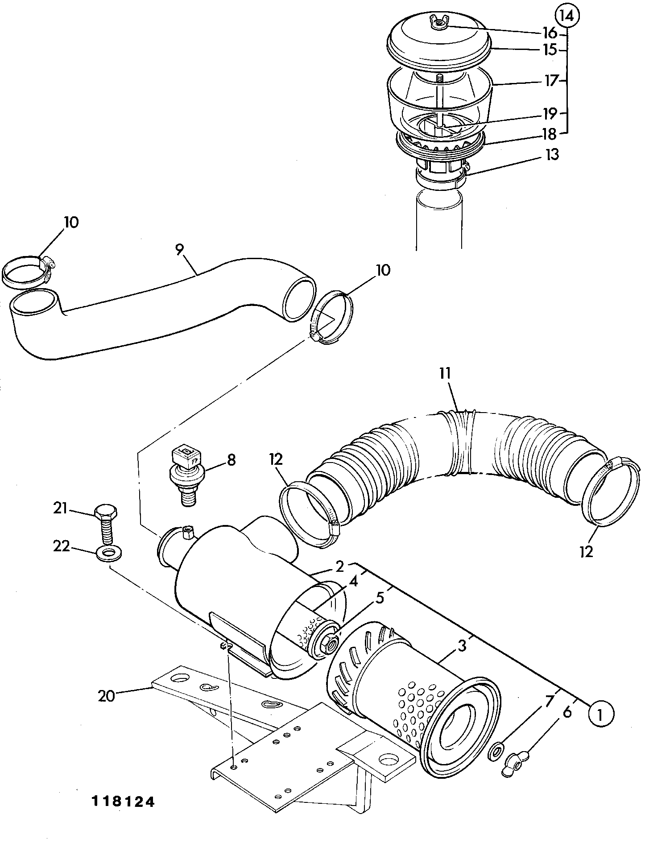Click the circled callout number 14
point(566,16)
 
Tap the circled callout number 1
point(601,714)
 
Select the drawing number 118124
point(123,801)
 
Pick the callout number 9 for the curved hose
point(180,250)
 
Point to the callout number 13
point(552,155)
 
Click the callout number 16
point(550,33)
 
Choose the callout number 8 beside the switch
point(231,460)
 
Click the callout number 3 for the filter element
point(462,645)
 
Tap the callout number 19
point(550,114)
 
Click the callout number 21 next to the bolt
point(60,508)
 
